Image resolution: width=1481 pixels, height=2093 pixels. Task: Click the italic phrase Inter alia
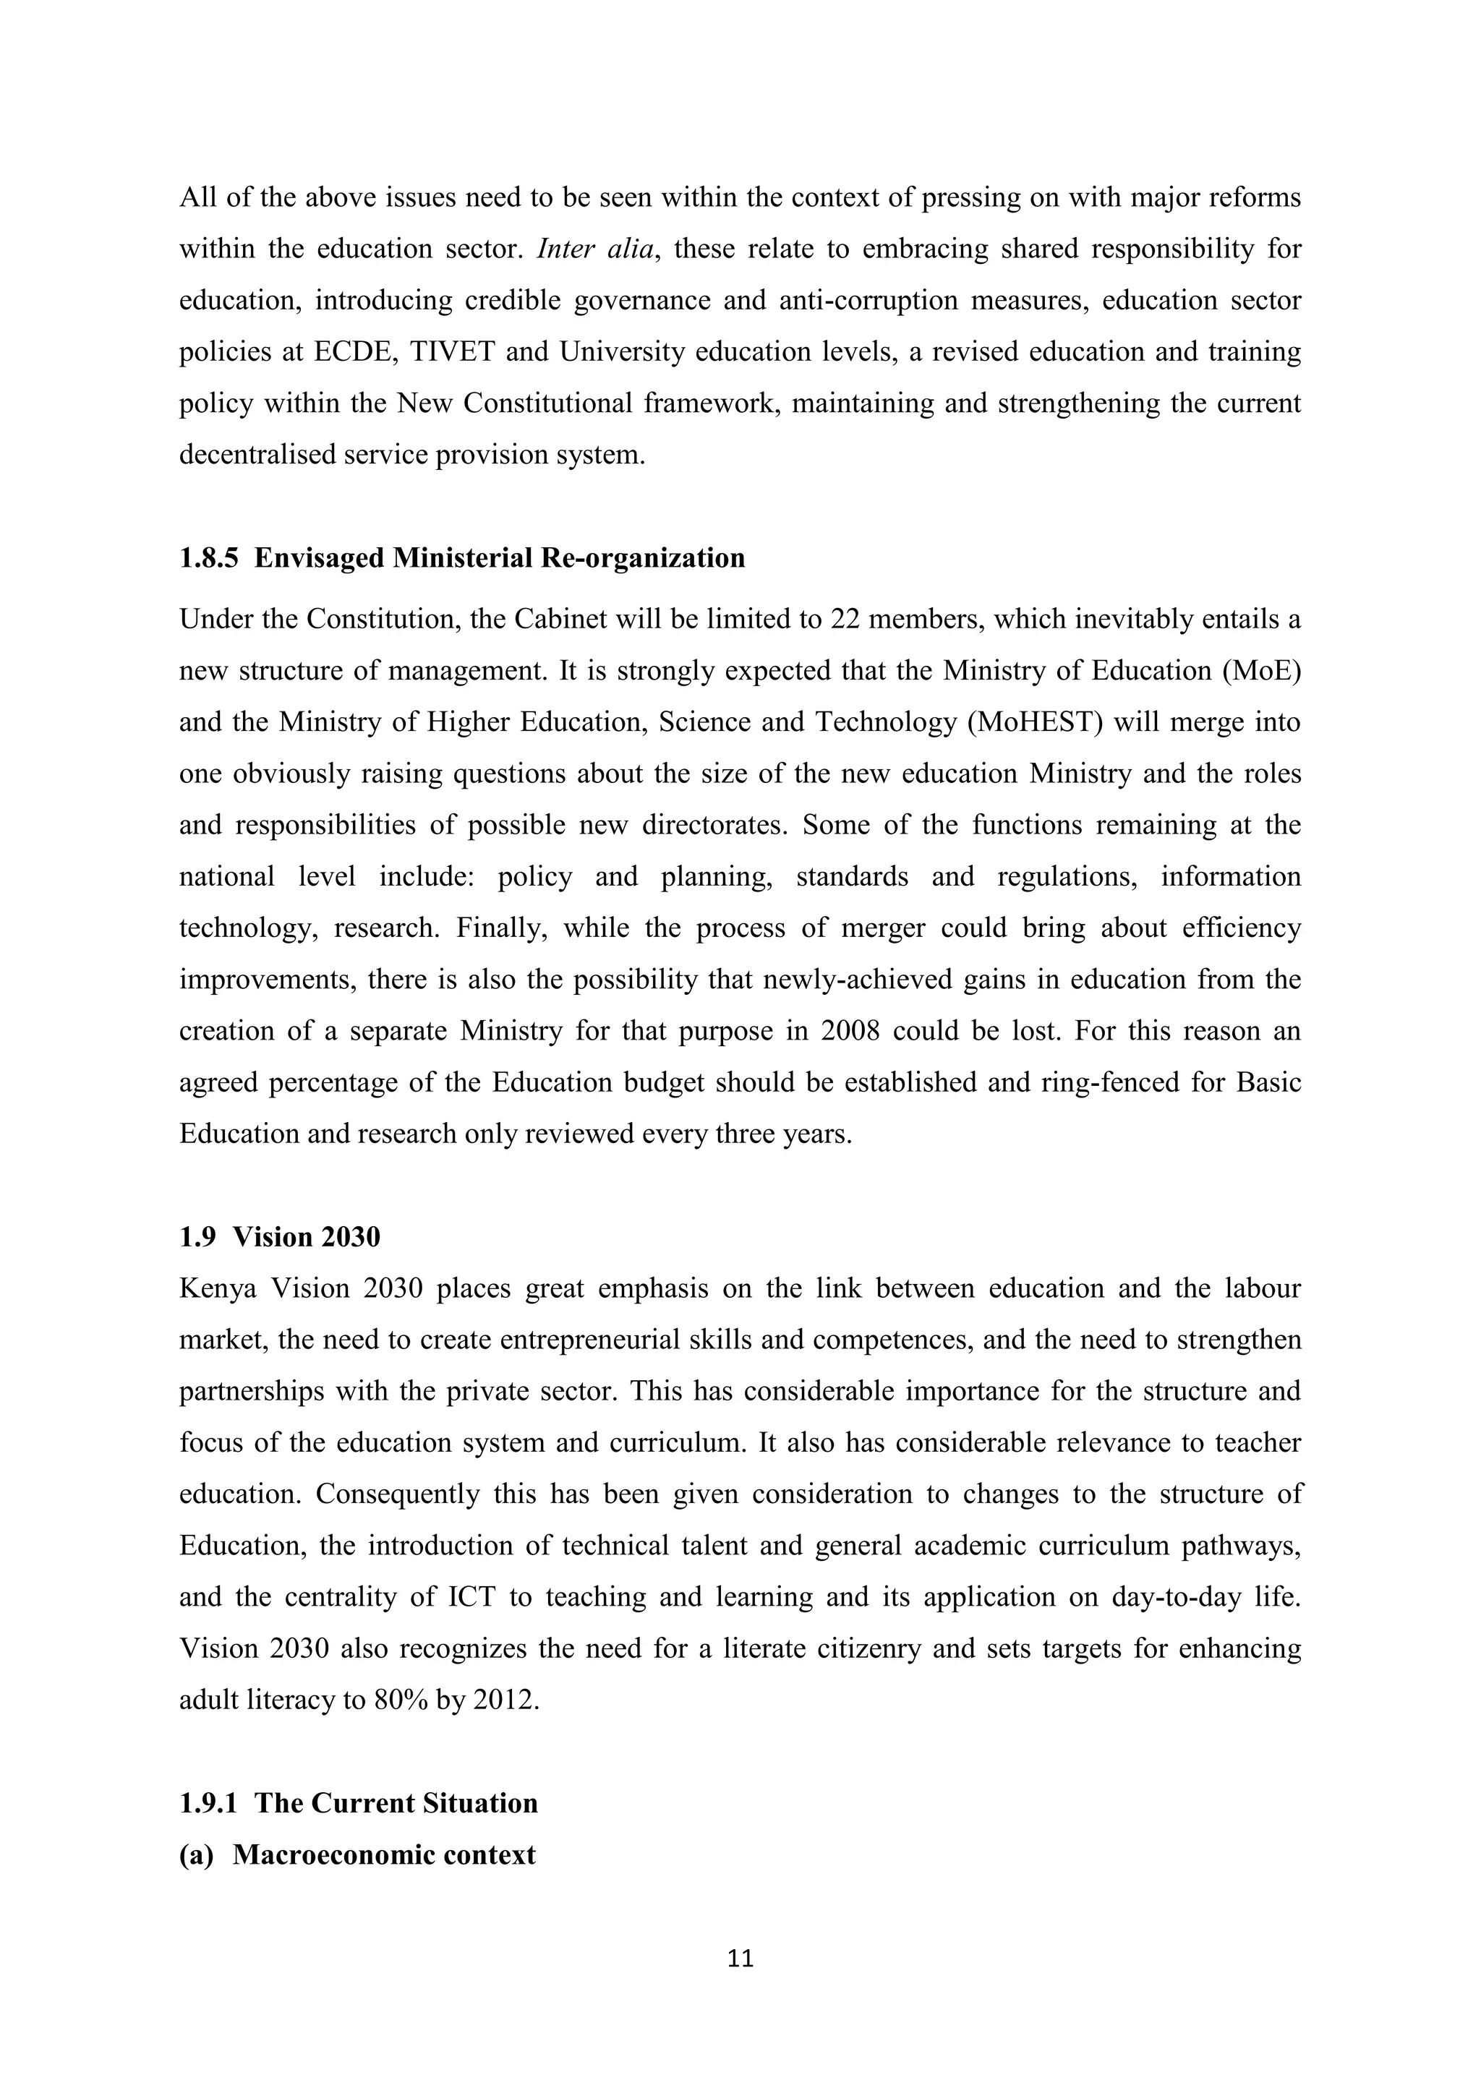595,249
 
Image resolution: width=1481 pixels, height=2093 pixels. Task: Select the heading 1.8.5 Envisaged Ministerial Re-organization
461,558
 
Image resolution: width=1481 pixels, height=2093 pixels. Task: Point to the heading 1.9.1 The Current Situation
359,1803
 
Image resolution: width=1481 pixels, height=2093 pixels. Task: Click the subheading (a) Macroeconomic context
357,1854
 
